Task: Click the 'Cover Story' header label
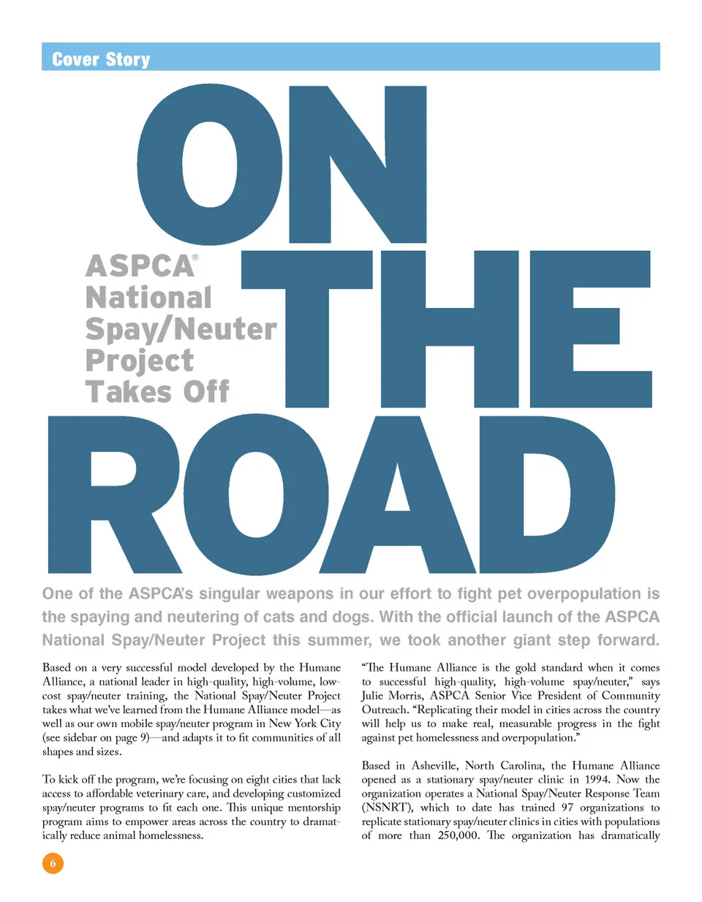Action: pos(101,59)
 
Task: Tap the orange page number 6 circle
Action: pos(53,863)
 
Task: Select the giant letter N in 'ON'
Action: pos(358,165)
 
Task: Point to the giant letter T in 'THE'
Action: pos(307,328)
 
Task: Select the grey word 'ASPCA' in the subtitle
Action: pos(140,266)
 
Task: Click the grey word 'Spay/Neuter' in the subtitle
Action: pos(181,329)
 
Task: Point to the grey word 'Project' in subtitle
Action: pos(140,361)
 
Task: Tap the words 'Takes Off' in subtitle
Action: pos(157,392)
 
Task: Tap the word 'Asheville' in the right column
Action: pos(435,766)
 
